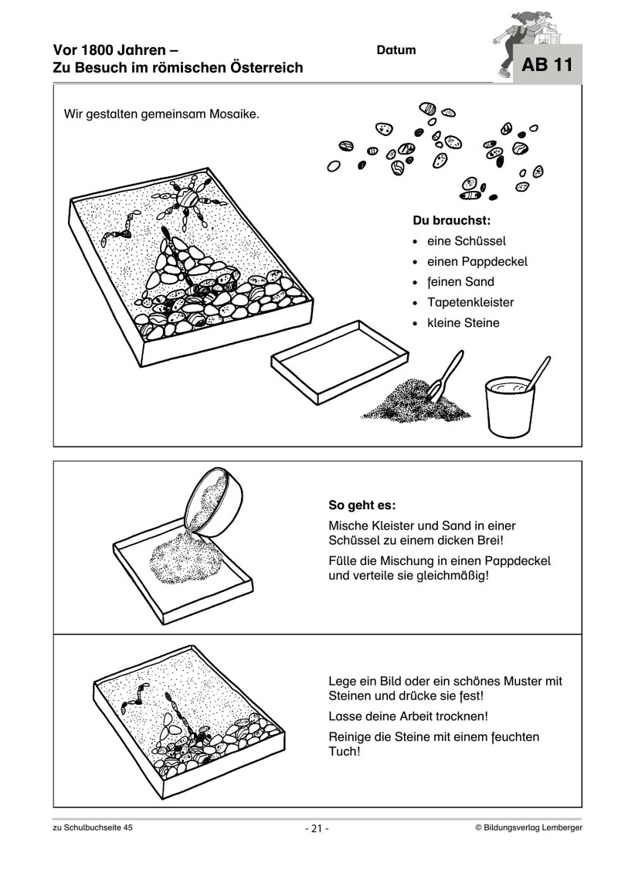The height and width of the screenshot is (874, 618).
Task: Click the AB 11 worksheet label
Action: pyautogui.click(x=547, y=65)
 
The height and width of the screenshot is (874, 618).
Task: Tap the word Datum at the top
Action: pyautogui.click(x=396, y=50)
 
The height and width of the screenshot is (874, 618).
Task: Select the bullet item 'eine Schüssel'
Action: pyautogui.click(x=467, y=241)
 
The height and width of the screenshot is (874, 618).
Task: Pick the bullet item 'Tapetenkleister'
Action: pyautogui.click(x=470, y=303)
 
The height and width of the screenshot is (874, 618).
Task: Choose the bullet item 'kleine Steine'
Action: pyautogui.click(x=463, y=323)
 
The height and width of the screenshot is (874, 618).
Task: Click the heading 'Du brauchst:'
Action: pyautogui.click(x=452, y=220)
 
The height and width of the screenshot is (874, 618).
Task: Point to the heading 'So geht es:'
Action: pyautogui.click(x=362, y=505)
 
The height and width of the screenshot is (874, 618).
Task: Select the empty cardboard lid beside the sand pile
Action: pyautogui.click(x=340, y=362)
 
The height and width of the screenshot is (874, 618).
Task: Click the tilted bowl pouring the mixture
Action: pyautogui.click(x=215, y=502)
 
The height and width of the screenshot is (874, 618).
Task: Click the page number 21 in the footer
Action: pyautogui.click(x=317, y=828)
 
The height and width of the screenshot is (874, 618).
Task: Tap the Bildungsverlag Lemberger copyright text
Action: pyautogui.click(x=529, y=828)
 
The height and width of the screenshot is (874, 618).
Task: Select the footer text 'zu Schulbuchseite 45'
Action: pyautogui.click(x=93, y=828)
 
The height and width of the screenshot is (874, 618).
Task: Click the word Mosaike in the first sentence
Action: pyautogui.click(x=234, y=115)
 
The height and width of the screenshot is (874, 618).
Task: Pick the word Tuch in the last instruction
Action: pyautogui.click(x=342, y=751)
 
